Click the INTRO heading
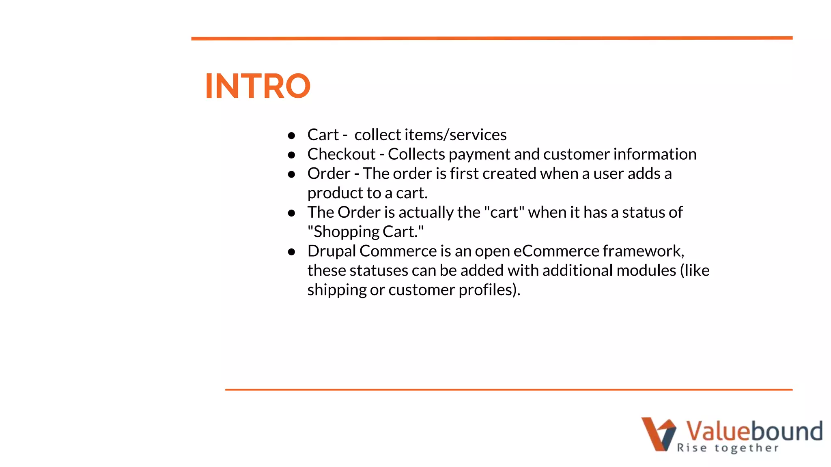point(258,86)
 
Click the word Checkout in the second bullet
point(341,154)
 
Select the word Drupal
point(332,251)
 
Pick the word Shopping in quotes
point(346,232)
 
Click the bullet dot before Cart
point(291,136)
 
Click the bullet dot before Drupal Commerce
point(291,252)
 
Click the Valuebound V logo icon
point(658,434)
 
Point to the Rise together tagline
point(728,448)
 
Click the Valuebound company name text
point(754,431)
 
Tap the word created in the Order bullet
point(509,174)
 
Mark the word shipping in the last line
point(337,290)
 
